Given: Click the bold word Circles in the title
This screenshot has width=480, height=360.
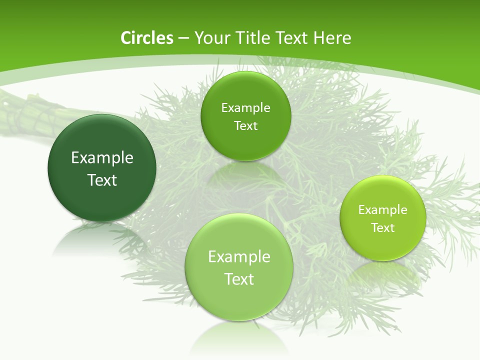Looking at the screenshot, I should [146, 38].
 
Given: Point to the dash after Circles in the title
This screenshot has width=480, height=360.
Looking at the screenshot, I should [183, 38].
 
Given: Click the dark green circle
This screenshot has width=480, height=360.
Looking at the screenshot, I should [102, 200].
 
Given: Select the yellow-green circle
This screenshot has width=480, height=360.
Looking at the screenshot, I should [383, 245].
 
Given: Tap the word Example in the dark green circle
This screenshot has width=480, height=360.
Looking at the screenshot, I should [102, 158].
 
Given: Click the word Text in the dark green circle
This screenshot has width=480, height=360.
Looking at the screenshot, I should [102, 180].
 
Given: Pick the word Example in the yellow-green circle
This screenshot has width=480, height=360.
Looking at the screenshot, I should [383, 209].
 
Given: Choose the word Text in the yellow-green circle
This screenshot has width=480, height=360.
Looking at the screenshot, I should [383, 228].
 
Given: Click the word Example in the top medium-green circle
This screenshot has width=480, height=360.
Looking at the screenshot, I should [245, 107].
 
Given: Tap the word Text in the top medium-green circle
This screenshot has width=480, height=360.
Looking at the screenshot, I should [245, 125].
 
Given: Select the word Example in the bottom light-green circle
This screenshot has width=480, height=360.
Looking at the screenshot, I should [239, 257].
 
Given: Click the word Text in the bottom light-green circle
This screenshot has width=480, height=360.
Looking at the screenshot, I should [239, 279].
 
